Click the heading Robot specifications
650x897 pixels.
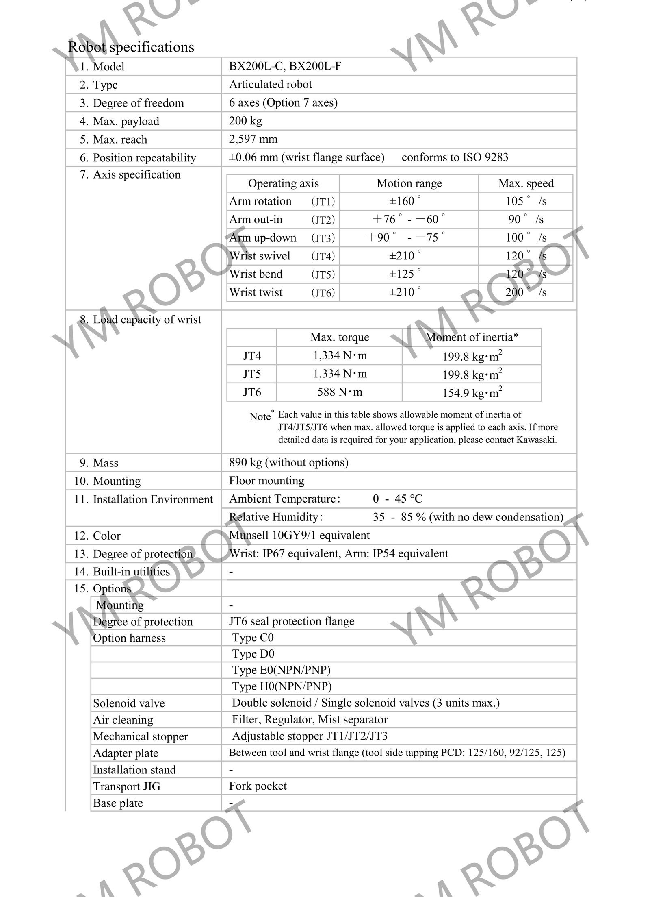click(131, 47)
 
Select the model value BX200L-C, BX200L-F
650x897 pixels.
click(285, 66)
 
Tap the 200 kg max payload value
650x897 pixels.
click(245, 121)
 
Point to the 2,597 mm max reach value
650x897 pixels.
click(253, 139)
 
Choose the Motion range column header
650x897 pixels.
click(409, 183)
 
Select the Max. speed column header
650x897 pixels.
click(526, 183)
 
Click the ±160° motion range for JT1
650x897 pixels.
click(404, 201)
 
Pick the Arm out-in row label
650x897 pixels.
click(256, 220)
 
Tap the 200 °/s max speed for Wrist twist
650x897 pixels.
click(526, 292)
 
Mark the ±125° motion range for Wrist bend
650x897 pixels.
click(404, 274)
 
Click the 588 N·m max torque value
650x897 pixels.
click(340, 392)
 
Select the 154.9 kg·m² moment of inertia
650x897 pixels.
click(472, 393)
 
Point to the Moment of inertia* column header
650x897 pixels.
click(472, 337)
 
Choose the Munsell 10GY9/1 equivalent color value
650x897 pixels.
click(299, 535)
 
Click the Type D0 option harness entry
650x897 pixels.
click(253, 653)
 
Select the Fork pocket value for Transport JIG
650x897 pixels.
click(258, 786)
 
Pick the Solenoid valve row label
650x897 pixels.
click(129, 703)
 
